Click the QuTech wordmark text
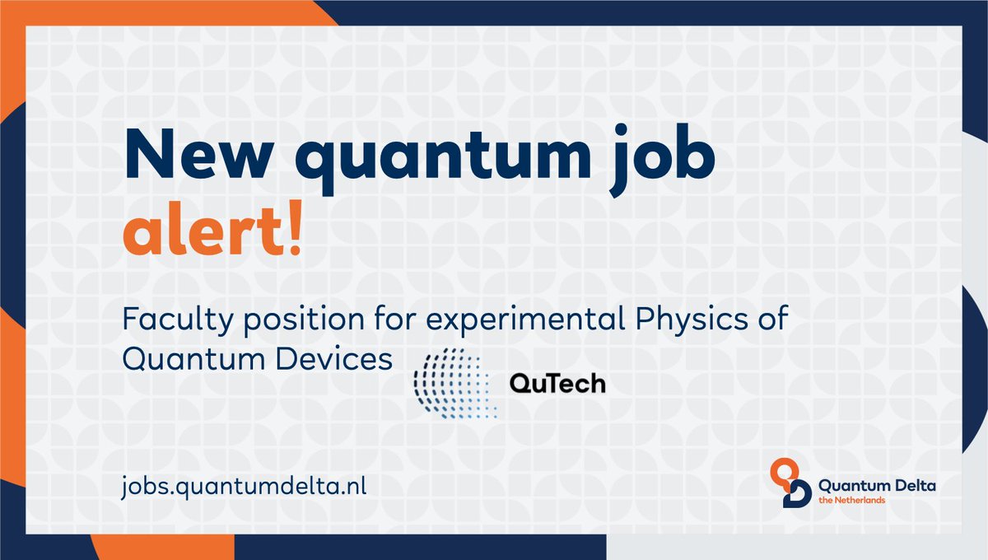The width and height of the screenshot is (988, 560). pos(557,384)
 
